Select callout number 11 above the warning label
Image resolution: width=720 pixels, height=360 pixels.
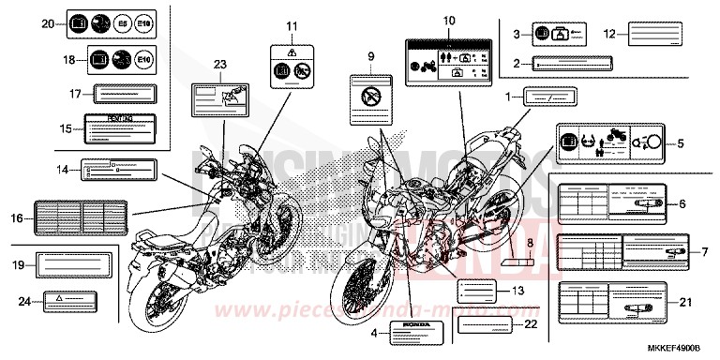click(x=291, y=24)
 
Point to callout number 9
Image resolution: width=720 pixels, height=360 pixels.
click(x=370, y=56)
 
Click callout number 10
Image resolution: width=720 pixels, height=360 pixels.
click(x=448, y=20)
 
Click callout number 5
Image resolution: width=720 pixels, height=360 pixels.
click(x=682, y=143)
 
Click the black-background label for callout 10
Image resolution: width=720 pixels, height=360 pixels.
click(x=448, y=66)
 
